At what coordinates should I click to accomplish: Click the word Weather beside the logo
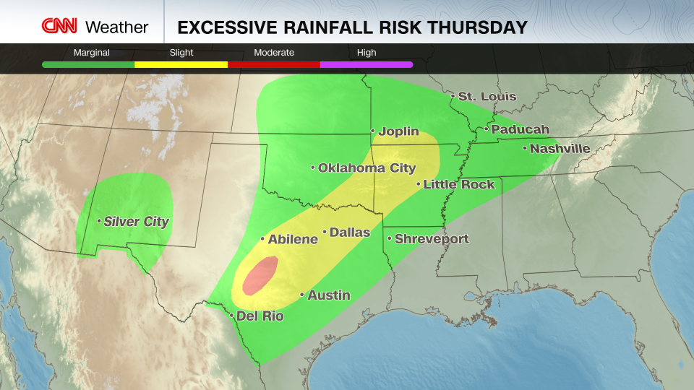pyautogui.click(x=116, y=27)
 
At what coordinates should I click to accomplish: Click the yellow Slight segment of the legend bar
pyautogui.click(x=181, y=64)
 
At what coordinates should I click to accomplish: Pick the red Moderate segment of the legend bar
pyautogui.click(x=274, y=64)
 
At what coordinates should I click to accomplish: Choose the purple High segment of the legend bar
pyautogui.click(x=367, y=64)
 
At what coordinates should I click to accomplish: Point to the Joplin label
pyautogui.click(x=398, y=131)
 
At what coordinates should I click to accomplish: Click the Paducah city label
pyautogui.click(x=520, y=130)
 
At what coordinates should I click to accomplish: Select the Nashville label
pyautogui.click(x=560, y=149)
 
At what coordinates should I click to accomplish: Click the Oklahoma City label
pyautogui.click(x=367, y=168)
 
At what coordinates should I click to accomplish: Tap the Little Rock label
pyautogui.click(x=459, y=184)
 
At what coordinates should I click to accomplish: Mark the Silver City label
pyautogui.click(x=136, y=222)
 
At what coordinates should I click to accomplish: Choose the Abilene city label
pyautogui.click(x=293, y=239)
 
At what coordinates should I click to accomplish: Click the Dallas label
pyautogui.click(x=350, y=233)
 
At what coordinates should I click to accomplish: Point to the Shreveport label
pyautogui.click(x=432, y=239)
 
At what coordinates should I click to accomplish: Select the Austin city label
pyautogui.click(x=329, y=295)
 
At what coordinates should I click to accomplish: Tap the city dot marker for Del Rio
pyautogui.click(x=231, y=316)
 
